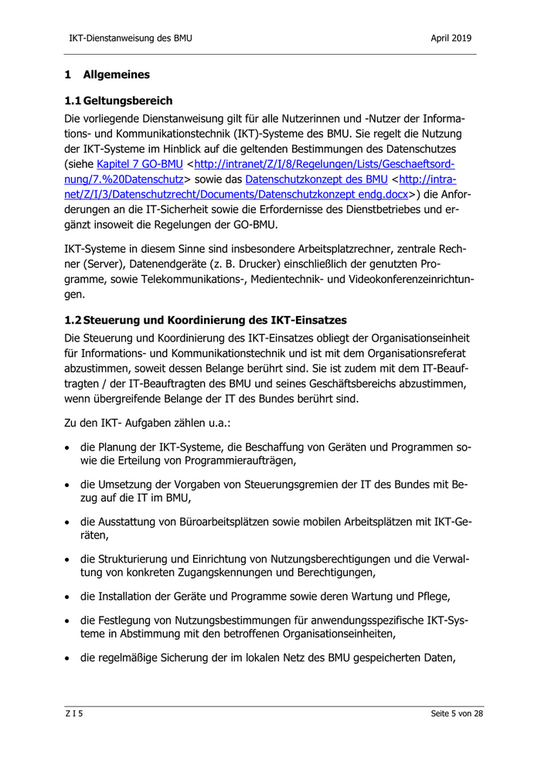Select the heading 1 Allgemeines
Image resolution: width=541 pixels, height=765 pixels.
tap(107, 75)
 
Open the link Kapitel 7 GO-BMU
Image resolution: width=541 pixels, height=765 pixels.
tap(139, 164)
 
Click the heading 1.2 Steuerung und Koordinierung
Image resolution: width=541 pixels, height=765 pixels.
tap(206, 320)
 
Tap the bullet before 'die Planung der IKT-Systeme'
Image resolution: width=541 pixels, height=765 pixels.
tap(70, 447)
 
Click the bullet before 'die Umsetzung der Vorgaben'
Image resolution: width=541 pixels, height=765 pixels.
tap(70, 484)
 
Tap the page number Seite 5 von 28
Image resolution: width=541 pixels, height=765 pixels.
tap(457, 713)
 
